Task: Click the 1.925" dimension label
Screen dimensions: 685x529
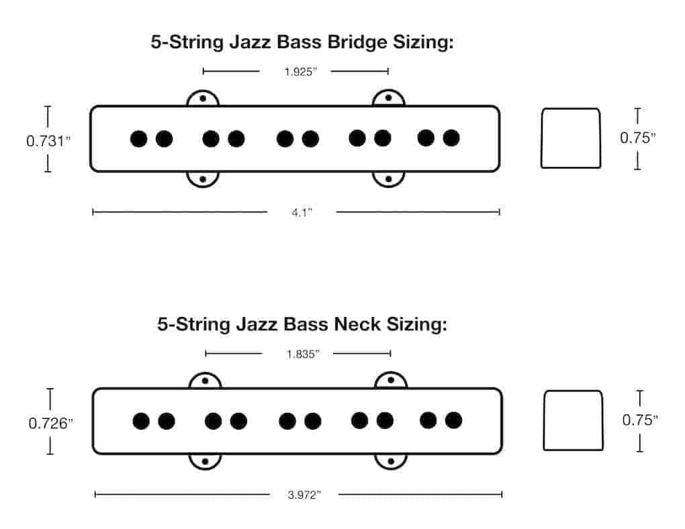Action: tap(301, 72)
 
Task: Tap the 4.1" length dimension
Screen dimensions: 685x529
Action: tap(302, 213)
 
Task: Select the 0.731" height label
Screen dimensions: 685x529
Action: tap(48, 141)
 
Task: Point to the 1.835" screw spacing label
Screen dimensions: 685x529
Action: tap(303, 354)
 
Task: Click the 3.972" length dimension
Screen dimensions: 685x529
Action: tap(304, 495)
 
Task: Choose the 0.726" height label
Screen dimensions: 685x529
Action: tap(50, 424)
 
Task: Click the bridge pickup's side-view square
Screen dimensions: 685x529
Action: tap(571, 138)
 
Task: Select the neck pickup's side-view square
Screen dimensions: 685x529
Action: tap(573, 420)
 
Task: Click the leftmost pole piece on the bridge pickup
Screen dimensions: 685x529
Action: tap(139, 139)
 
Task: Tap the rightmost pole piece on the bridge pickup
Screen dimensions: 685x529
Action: tap(451, 138)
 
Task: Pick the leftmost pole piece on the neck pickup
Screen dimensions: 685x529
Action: tap(141, 421)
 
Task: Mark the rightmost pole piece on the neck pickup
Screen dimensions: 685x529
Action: tap(453, 420)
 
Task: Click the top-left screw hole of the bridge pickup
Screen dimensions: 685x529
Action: tap(203, 99)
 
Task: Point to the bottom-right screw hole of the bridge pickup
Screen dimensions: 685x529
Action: tap(388, 179)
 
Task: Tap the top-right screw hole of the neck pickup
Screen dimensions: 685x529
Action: tap(391, 380)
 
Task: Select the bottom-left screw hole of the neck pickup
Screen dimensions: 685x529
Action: tap(205, 461)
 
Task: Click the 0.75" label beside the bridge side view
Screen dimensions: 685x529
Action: tap(638, 138)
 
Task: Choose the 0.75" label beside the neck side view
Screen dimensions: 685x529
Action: tap(640, 420)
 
